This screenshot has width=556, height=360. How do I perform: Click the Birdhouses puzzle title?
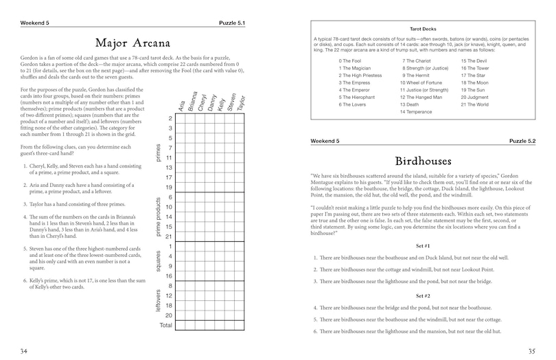423,161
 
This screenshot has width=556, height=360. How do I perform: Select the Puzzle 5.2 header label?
522,141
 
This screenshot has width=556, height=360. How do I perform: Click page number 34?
24,350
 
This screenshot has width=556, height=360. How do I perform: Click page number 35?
531,350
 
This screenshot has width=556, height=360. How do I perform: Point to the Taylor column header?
240,102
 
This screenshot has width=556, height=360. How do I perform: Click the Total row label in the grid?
165,325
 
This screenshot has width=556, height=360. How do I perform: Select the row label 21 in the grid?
169,236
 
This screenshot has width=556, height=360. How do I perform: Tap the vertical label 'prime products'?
159,216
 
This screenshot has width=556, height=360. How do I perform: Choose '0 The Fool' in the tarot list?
351,61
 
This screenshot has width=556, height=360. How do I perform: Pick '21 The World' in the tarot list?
475,104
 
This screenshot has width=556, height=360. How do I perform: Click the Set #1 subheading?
423,246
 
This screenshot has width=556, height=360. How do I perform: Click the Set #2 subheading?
423,296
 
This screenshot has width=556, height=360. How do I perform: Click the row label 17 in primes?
169,177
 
